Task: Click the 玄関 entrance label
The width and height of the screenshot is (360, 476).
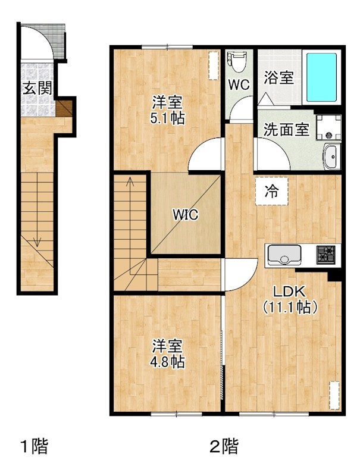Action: coord(36,89)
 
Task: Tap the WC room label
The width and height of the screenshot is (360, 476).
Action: coord(239,84)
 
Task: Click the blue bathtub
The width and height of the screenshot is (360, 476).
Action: coord(321,77)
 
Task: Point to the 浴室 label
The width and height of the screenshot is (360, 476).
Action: coord(279,77)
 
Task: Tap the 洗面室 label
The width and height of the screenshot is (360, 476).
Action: coord(286,129)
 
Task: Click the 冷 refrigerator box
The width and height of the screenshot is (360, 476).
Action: coord(271,192)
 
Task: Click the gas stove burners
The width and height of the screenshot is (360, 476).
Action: coord(326,254)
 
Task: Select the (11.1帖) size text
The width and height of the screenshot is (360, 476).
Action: coord(289,308)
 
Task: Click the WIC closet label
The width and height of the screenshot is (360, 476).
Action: coord(186,214)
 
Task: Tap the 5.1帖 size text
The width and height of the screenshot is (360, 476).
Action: coord(167,118)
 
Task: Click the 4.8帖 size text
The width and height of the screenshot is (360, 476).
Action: coord(167,361)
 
